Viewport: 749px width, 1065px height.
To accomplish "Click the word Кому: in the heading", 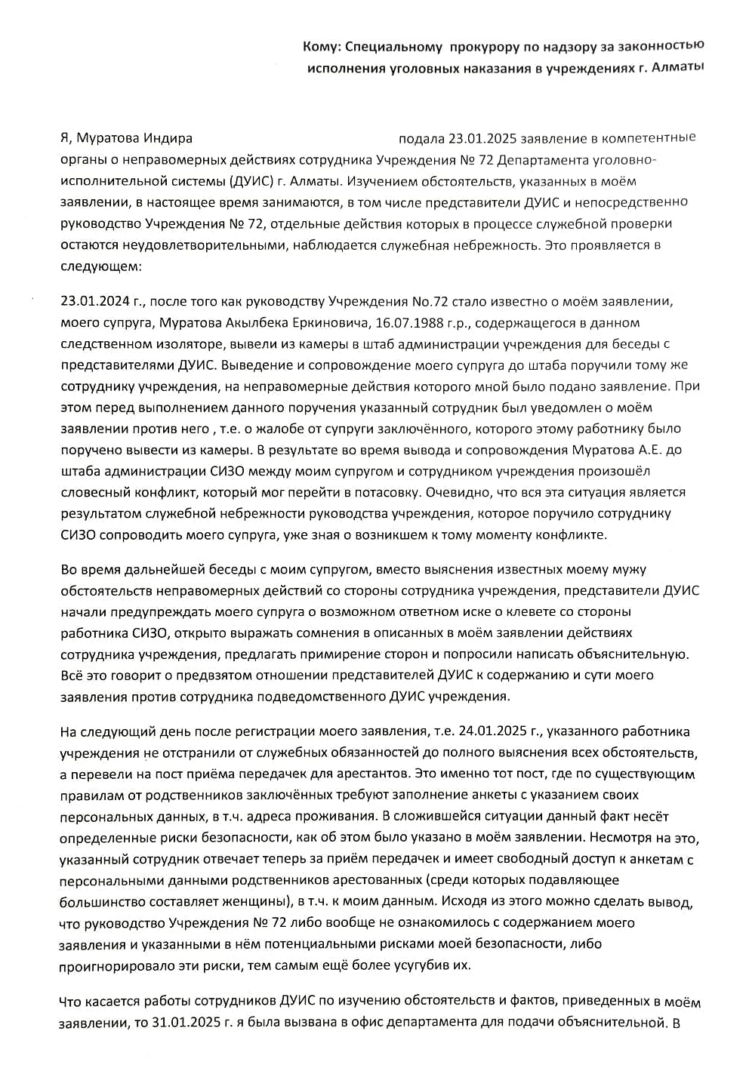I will click(322, 47).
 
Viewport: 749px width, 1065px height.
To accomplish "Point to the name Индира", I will click(168, 138).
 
